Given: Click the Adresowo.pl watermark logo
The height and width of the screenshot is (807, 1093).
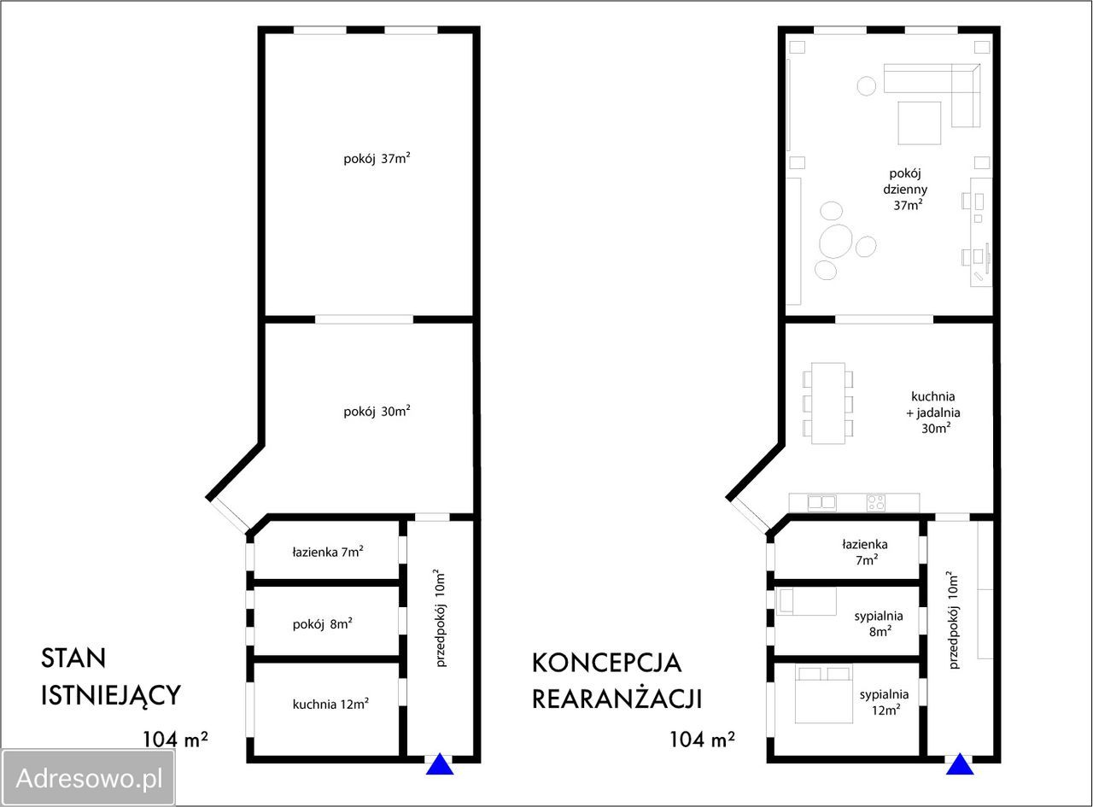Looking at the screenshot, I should [x=89, y=777].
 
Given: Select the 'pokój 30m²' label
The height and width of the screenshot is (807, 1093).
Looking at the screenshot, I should [x=377, y=412].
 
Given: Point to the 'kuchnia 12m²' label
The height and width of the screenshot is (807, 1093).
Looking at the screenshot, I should [x=330, y=705].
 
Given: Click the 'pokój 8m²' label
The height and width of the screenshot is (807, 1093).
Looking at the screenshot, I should [x=322, y=623].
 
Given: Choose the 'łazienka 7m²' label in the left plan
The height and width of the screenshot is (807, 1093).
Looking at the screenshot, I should [x=328, y=552].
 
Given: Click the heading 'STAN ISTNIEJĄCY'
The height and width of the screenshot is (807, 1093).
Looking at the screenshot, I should [x=110, y=676].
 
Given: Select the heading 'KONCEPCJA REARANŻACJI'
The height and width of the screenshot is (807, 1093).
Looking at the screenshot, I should [x=617, y=681].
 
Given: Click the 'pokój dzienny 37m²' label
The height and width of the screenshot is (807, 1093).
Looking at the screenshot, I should [x=906, y=190].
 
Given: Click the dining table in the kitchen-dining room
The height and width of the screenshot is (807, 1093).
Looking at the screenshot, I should [x=827, y=403].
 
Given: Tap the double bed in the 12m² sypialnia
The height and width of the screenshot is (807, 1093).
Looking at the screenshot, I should [x=823, y=693].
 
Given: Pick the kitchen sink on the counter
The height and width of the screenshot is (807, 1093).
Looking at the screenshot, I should [x=821, y=503].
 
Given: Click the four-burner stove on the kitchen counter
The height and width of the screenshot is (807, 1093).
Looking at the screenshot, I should [x=876, y=503].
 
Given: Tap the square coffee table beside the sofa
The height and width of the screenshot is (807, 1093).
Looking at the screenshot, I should [x=919, y=123].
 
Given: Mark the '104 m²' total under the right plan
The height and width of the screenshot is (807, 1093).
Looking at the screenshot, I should [x=702, y=739].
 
